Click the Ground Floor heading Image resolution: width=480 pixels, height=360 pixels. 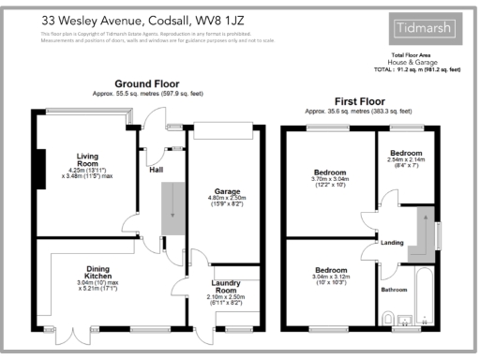[145, 83]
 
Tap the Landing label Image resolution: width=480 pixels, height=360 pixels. [392, 243]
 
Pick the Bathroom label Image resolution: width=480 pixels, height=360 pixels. [394, 290]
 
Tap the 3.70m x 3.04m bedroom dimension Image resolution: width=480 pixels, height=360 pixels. [329, 183]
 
